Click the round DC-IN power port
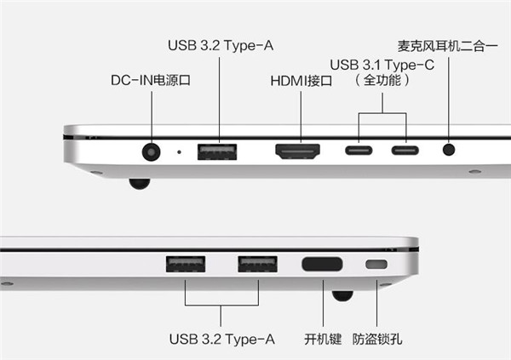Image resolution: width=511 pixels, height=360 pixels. coord(152,152)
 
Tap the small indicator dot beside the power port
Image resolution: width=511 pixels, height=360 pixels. coord(179,151)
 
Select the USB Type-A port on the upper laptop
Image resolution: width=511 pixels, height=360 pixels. coord(217,151)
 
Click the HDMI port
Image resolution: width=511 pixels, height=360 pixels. coord(297,151)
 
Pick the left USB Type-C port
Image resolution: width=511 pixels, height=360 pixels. coord(359,150)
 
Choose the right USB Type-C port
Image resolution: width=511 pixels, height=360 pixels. coord(405,150)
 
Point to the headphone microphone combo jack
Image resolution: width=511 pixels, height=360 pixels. coord(449,150)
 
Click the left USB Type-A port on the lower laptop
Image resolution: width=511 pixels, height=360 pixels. coord(186,264)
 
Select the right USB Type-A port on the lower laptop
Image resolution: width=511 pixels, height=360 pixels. coord(257,264)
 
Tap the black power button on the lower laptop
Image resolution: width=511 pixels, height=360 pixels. coord(322,264)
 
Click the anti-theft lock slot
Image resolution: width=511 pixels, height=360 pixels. coord(376,264)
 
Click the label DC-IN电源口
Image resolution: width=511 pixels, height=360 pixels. coord(151,80)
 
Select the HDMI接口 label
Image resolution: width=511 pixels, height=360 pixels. coord(301,81)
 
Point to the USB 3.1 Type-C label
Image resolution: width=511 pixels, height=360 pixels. coord(382,65)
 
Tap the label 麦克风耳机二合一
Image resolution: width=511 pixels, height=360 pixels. coord(447,46)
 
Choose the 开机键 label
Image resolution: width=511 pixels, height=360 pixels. coord(323,340)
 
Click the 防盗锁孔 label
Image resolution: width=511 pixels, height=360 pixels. coord(377,340)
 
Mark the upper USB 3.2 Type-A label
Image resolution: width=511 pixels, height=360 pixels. coord(221,46)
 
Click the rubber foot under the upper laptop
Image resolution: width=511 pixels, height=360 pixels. coord(140,184)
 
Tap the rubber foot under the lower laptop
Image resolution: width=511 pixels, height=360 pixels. coord(342,296)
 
